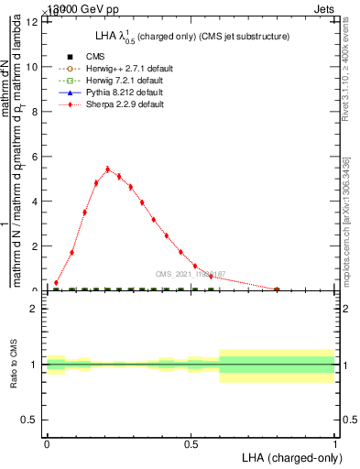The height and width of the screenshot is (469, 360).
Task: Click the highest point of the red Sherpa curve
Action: [x=107, y=169]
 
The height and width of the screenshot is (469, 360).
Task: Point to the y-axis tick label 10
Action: [x=33, y=67]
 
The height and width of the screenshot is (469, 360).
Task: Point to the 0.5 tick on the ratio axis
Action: [x=32, y=420]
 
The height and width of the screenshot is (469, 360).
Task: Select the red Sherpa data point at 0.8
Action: [x=277, y=289]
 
